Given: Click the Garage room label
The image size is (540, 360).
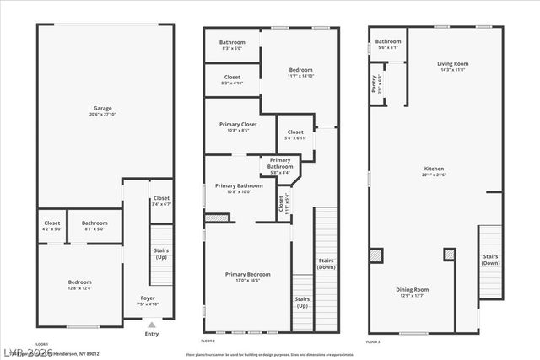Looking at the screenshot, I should click(103, 108).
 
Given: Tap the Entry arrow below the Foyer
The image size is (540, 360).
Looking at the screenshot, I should click(151, 324).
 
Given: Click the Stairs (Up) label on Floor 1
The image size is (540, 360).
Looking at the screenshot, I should click(161, 253).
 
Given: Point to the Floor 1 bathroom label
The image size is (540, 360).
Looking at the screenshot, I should click(94, 223).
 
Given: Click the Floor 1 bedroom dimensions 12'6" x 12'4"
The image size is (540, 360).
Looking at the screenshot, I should click(79, 289).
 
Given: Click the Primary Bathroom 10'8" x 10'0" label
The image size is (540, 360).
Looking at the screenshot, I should click(239, 188).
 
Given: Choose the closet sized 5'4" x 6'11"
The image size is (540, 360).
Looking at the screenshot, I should click(295, 135).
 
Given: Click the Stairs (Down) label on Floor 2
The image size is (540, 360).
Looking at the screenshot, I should click(325, 263).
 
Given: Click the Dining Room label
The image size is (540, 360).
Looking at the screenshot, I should click(413, 292).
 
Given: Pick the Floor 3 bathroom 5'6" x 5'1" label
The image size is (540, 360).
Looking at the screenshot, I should click(388, 44).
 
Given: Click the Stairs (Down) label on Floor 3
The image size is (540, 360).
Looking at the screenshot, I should click(489, 259).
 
